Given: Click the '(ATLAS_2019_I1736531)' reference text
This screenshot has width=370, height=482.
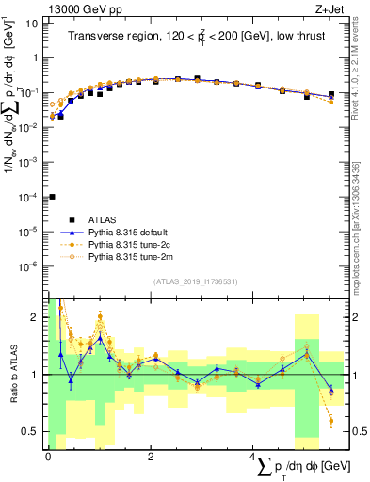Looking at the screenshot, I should [x=195, y=281].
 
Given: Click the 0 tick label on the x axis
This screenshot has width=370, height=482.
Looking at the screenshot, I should [x=48, y=457].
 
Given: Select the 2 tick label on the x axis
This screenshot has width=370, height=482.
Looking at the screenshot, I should [x=151, y=457].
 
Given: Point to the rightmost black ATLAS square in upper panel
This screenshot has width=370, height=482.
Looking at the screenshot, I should [x=331, y=94].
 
